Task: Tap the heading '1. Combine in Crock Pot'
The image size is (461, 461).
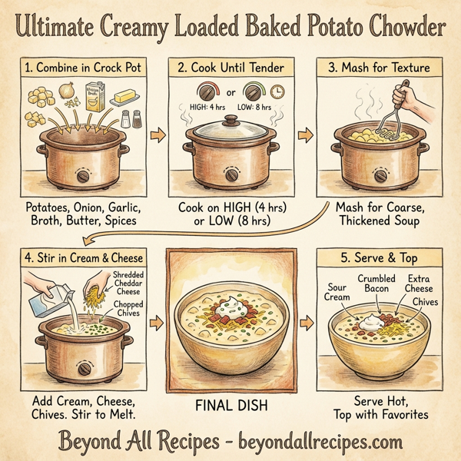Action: [x=85, y=67]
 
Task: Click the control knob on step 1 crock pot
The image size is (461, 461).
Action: [x=81, y=175]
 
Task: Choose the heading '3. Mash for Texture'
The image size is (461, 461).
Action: [x=378, y=67]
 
